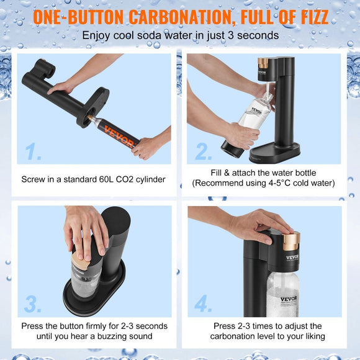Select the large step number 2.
point(204,152)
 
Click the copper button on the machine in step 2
point(264,63)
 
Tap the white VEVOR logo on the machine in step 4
point(292,257)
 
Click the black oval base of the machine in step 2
point(276,151)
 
